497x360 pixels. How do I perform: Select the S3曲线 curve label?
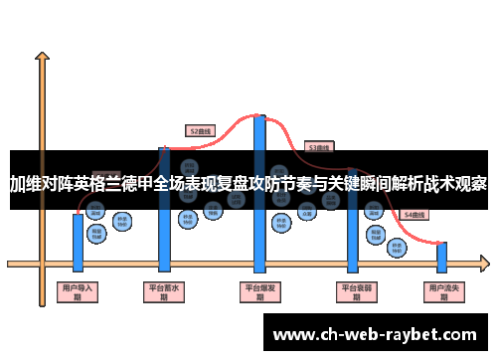[x=319, y=146]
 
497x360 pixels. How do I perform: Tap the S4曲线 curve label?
[x=413, y=214]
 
